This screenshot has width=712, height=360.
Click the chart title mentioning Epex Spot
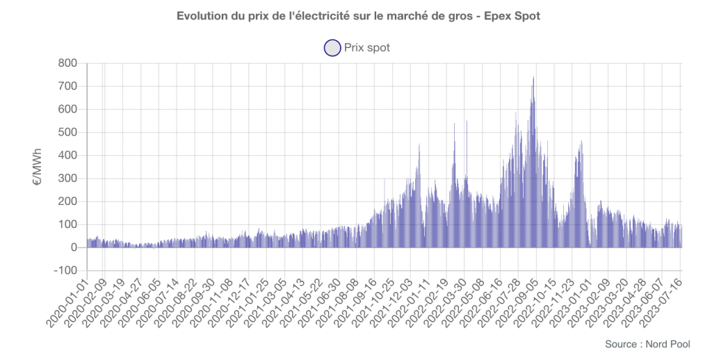(x=356, y=15)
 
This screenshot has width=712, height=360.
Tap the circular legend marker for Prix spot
(x=332, y=47)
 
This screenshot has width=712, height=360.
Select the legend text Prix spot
(x=367, y=47)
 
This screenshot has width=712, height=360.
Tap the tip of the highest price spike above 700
(x=533, y=77)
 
